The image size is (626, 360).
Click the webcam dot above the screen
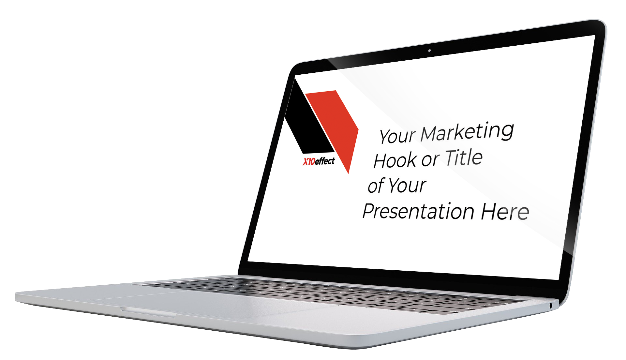429,51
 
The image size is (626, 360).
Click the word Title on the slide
464,157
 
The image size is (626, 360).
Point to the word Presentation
418,211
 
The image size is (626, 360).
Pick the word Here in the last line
505,212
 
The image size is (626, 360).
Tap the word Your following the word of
408,185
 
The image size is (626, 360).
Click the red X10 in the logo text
309,162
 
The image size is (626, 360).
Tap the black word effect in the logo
325,161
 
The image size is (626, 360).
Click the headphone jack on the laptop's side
551,306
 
